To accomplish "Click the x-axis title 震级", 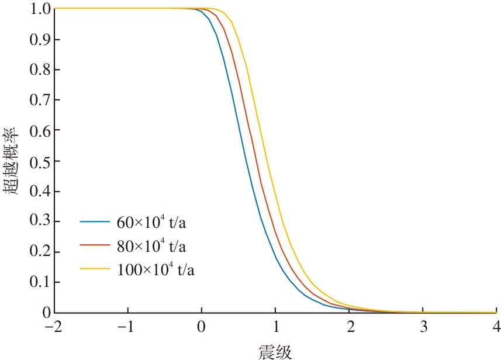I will (275, 351).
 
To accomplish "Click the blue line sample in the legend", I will (95, 222).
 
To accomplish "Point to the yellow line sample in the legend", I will (95, 268).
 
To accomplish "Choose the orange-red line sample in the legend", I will (95, 245).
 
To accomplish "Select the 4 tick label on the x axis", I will (496, 326).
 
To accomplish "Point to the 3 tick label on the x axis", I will (423, 326).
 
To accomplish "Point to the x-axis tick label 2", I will (349, 326).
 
